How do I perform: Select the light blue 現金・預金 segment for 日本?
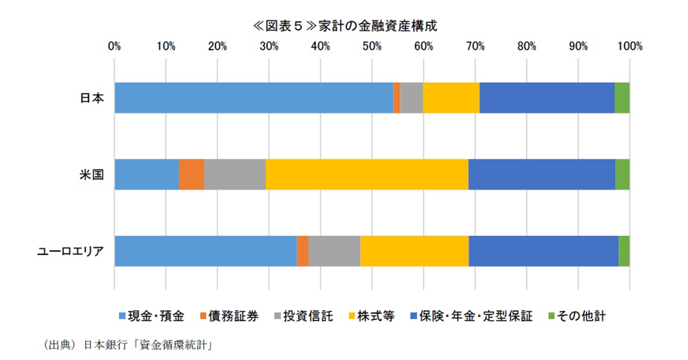(253, 97)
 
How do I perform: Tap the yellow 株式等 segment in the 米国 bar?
(366, 174)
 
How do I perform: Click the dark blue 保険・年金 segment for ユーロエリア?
(543, 251)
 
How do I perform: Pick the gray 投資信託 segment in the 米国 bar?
(235, 174)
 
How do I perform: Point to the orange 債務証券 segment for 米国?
(191, 174)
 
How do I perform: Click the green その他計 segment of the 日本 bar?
(622, 97)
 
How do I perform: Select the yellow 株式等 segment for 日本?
(451, 97)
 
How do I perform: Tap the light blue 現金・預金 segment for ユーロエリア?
(205, 251)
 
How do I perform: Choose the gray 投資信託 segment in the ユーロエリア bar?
(334, 251)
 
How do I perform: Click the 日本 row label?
(92, 98)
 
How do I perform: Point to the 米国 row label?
(92, 175)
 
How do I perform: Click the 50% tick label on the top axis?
(372, 47)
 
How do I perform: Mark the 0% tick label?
(115, 47)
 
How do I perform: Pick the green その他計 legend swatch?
(551, 316)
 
